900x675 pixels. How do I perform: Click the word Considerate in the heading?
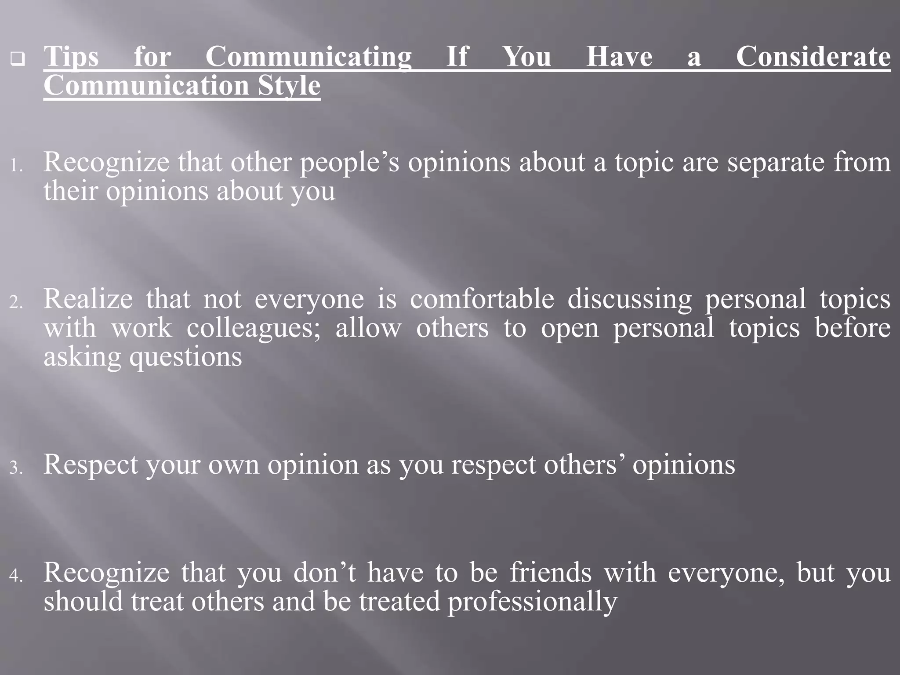point(813,57)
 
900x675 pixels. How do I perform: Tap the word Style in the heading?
point(289,86)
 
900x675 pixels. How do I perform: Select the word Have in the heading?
point(619,57)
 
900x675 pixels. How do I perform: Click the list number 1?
point(16,166)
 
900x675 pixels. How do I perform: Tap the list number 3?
point(16,468)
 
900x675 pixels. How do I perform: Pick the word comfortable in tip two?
point(482,299)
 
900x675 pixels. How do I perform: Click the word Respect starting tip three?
point(91,465)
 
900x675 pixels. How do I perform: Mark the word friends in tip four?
point(551,573)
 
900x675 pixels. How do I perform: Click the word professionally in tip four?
point(532,602)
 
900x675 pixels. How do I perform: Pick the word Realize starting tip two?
point(88,299)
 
